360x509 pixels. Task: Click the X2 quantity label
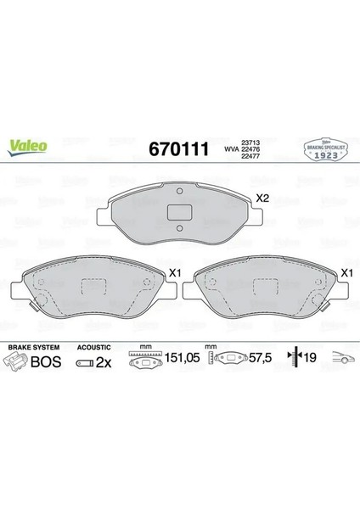tap(264, 198)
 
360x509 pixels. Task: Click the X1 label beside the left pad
tap(177, 273)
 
